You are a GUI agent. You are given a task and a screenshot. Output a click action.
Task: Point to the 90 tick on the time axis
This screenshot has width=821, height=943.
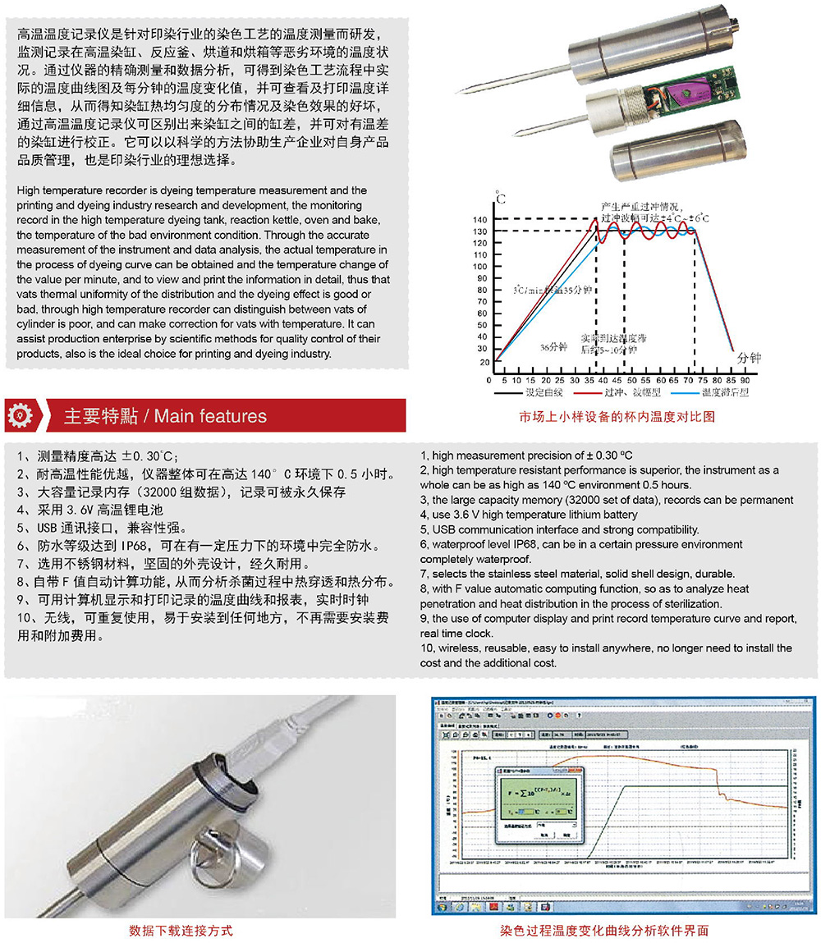pyautogui.click(x=745, y=381)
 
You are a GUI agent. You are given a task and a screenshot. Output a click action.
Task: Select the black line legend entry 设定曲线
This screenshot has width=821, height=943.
pyautogui.click(x=532, y=392)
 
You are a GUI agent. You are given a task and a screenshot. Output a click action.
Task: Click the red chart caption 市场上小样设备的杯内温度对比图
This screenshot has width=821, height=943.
pyautogui.click(x=617, y=416)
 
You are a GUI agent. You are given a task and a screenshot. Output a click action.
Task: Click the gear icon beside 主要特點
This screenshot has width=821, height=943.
pyautogui.click(x=21, y=415)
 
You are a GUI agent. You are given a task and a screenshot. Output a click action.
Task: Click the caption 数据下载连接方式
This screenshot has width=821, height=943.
pyautogui.click(x=181, y=931)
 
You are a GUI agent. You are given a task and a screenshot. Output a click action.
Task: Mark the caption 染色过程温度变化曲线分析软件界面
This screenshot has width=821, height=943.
pyautogui.click(x=604, y=931)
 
